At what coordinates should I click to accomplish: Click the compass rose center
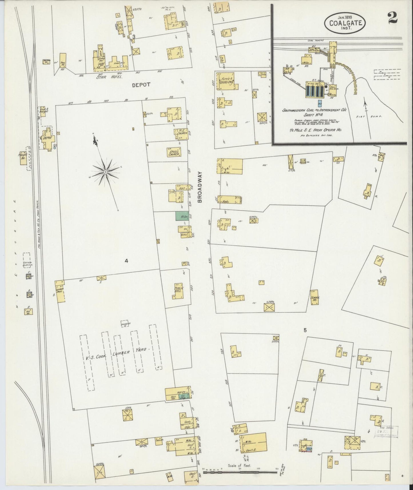pos(105,172)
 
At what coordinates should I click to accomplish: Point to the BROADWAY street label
pos(200,187)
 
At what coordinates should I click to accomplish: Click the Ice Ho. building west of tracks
pos(29,311)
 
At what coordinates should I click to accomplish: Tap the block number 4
pos(126,261)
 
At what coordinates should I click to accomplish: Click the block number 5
pos(305,330)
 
